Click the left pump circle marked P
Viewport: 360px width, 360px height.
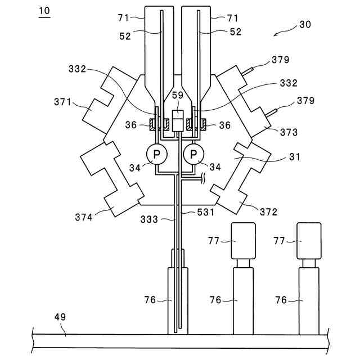coord(156,154)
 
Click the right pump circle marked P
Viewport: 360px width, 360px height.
coord(193,154)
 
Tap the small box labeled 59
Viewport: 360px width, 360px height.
coord(178,121)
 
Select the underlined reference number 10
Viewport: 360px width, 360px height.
coord(44,11)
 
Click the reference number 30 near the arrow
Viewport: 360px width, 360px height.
coord(305,24)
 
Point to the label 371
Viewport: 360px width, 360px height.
coord(62,102)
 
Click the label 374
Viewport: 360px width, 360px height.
coord(84,217)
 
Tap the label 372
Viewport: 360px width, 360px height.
coord(268,212)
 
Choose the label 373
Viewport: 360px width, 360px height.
coord(289,132)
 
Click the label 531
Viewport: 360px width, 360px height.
coord(205,212)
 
